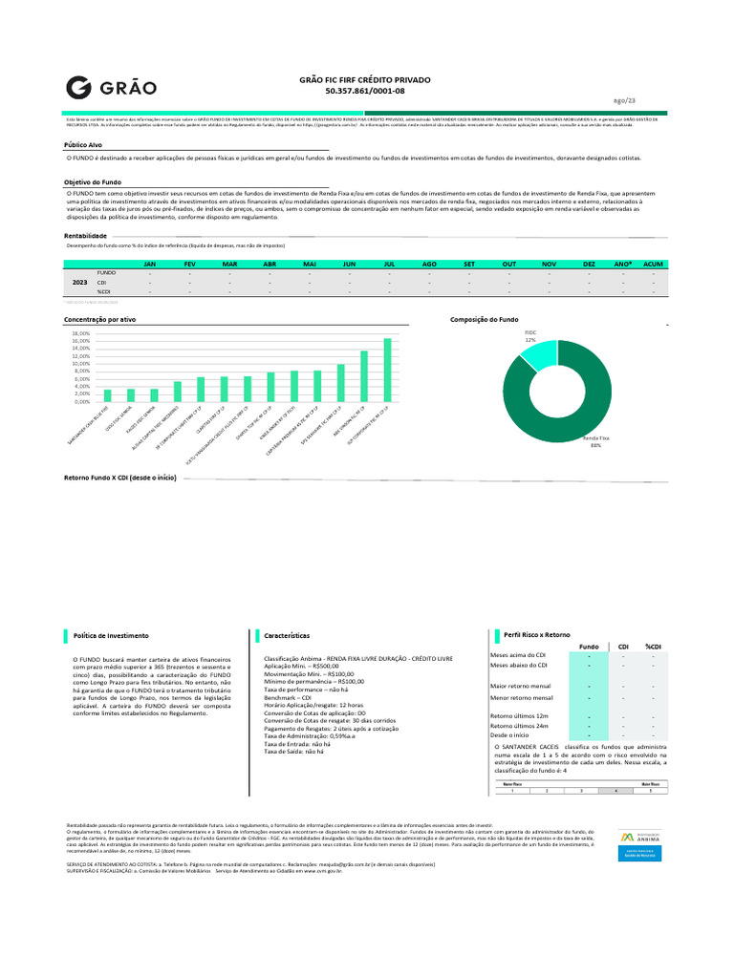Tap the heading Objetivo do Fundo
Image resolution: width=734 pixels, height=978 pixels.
tap(94, 181)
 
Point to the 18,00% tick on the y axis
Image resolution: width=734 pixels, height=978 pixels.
tap(80, 333)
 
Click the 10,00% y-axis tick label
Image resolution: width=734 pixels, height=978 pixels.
tap(80, 364)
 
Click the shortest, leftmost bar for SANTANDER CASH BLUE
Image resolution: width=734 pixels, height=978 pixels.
tap(107, 395)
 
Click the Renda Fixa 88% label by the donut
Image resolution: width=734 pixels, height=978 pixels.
tap(595, 440)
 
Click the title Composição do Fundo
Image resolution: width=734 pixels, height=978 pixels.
tap(484, 319)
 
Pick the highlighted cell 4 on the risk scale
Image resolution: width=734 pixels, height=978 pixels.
tap(615, 791)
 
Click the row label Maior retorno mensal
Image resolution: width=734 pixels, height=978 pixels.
tap(521, 686)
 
